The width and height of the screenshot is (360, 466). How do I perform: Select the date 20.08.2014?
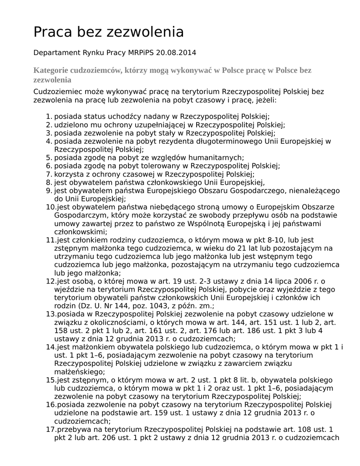pos(176,52)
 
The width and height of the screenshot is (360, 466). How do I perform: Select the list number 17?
pos(50,429)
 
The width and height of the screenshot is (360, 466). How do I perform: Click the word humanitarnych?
pos(212,157)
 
